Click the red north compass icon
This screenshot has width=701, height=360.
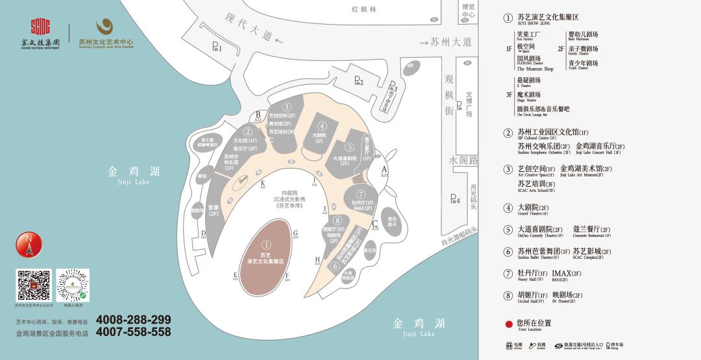[x=29, y=245]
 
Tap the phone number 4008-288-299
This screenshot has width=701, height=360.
[x=133, y=320]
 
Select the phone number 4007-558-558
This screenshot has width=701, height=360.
[x=133, y=332]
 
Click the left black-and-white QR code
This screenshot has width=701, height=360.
[x=33, y=285]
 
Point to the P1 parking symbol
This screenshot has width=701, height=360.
[x=217, y=47]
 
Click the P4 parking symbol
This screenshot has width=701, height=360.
[x=454, y=200]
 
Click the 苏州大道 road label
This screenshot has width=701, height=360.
[x=450, y=42]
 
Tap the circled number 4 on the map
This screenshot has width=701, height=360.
[x=322, y=126]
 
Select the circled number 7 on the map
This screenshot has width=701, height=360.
[x=361, y=194]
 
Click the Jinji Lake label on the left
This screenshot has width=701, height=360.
[x=134, y=175]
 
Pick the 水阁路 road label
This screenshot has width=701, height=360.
[x=463, y=160]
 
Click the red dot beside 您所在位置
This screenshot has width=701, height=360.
[x=509, y=323]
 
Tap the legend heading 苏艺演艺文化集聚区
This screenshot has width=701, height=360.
[x=547, y=18]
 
